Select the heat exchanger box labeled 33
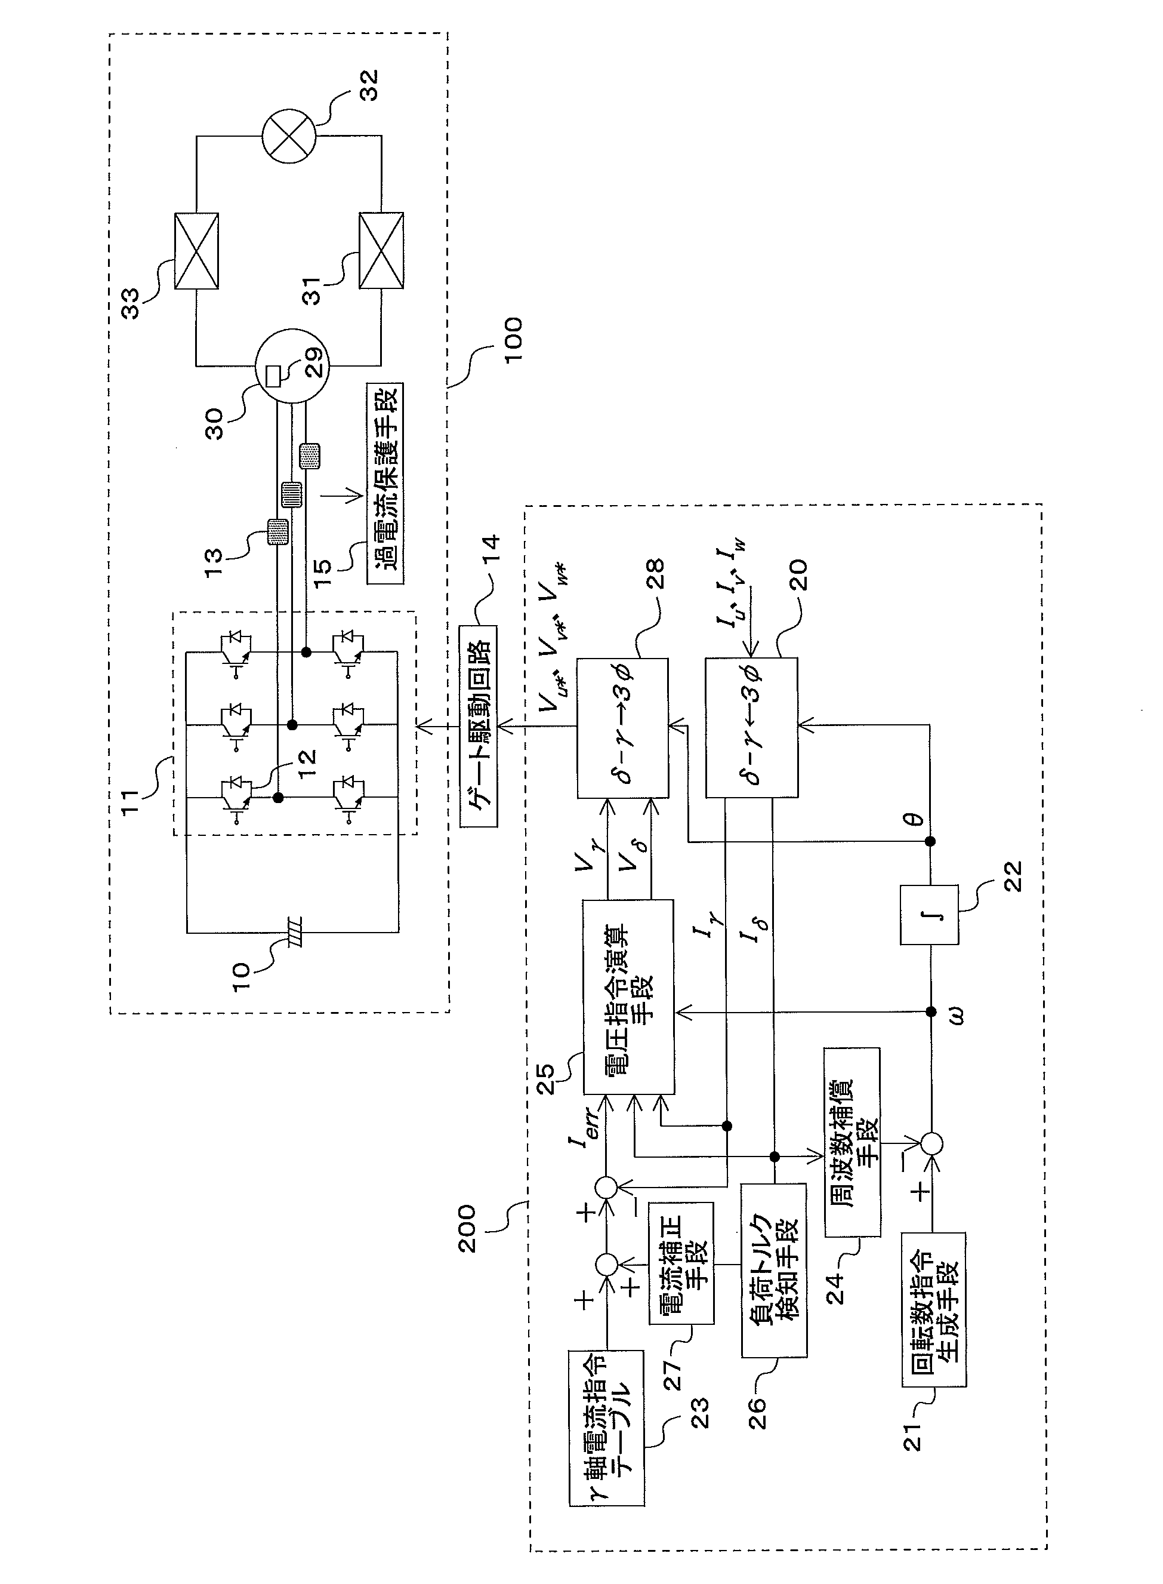(196, 250)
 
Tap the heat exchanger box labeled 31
(381, 250)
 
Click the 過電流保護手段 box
(385, 483)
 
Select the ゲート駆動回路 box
(479, 725)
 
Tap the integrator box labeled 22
(929, 914)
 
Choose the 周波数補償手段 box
(852, 1142)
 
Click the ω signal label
(955, 1015)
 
